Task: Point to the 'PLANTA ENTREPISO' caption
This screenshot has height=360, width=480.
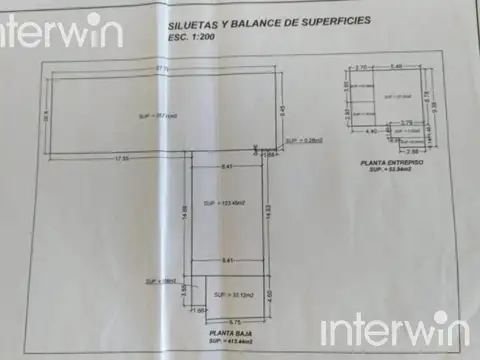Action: tap(392, 161)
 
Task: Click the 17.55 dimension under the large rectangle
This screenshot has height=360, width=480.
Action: tap(122, 159)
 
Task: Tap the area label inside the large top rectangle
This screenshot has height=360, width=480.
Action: tap(151, 117)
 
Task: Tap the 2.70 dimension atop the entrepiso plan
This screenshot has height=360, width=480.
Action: tap(360, 67)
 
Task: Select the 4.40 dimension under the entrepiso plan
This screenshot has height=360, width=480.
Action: tap(370, 131)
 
